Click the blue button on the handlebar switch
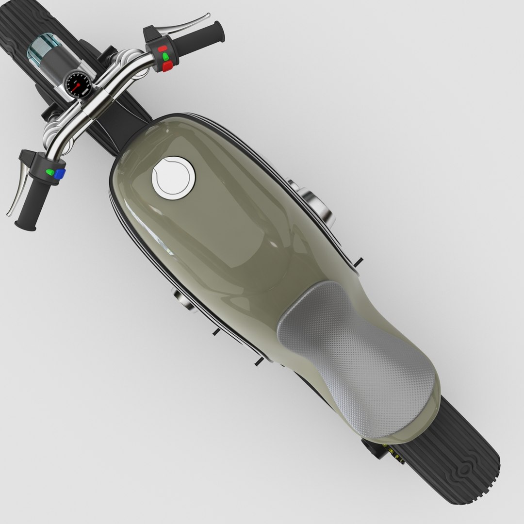pos(60,174)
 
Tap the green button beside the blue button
pos(49,172)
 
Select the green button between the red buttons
pos(165,58)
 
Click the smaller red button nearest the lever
pos(162,49)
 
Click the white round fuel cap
pos(173,177)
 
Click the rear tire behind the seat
pos(466,461)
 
